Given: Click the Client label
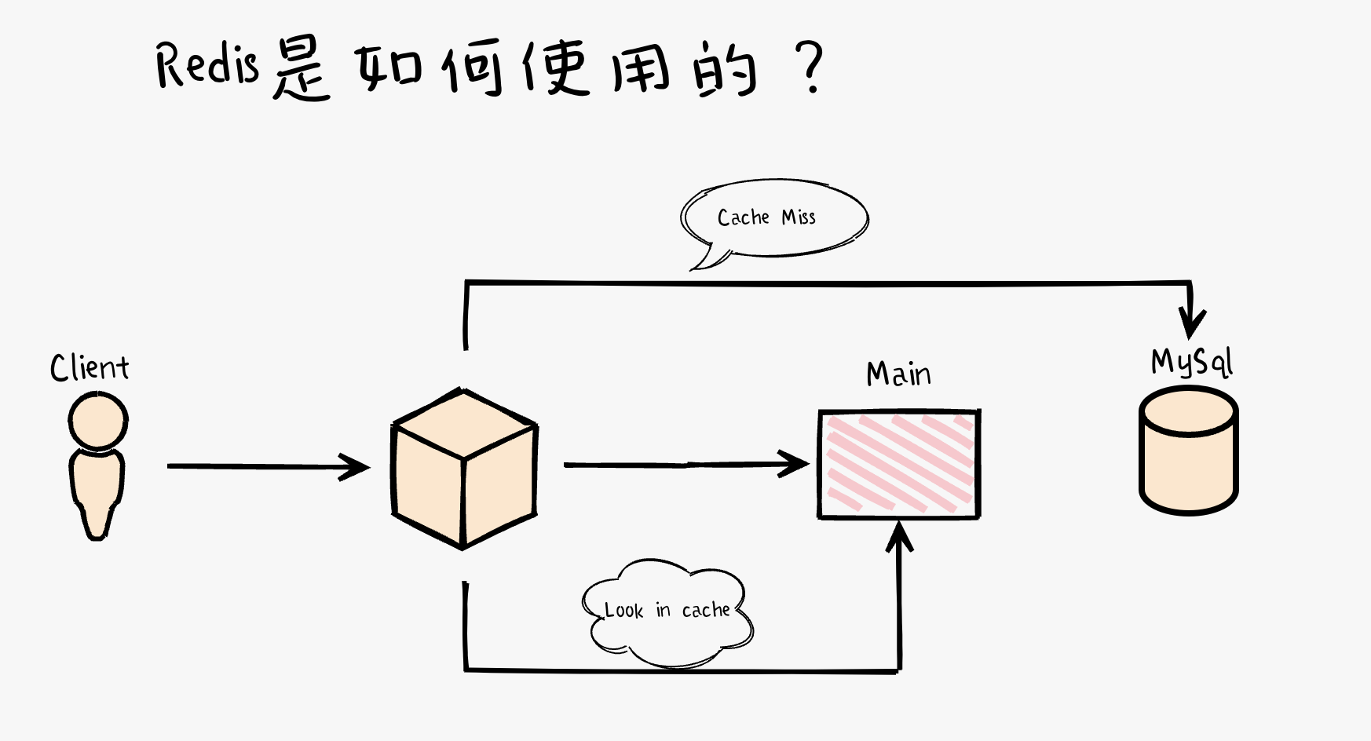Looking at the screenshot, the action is tap(90, 367).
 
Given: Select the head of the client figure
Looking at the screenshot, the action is tap(98, 422).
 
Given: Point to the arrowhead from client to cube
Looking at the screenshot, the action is tap(356, 467).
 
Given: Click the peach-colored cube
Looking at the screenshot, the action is tap(464, 469).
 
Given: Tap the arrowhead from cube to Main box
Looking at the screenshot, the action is tap(795, 464).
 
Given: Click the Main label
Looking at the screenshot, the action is tap(898, 374).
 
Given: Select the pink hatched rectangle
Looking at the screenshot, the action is tap(899, 464).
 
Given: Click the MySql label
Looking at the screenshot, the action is tap(1191, 362).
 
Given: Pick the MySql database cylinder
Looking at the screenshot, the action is tap(1189, 451).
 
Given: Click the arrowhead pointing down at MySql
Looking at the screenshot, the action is tap(1192, 322).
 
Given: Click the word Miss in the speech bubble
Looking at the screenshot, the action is tap(799, 217).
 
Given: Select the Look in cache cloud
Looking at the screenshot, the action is tap(667, 613).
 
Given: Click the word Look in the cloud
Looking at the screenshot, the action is tap(623, 610).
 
